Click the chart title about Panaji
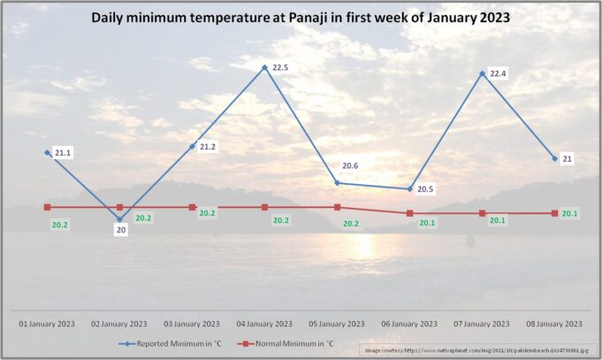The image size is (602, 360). (x=301, y=17)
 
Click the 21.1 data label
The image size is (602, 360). (x=63, y=153)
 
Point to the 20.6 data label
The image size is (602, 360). (x=352, y=166)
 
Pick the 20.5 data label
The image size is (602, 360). (x=427, y=189)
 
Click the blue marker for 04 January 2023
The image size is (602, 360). (x=264, y=67)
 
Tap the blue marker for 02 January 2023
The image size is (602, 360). (x=119, y=219)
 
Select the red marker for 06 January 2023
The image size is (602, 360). (x=409, y=213)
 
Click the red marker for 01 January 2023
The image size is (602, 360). (x=47, y=207)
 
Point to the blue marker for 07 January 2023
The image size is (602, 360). (x=482, y=73)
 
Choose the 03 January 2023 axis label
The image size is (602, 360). (x=192, y=324)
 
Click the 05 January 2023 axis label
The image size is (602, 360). (x=337, y=324)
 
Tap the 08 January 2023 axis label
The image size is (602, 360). (x=554, y=324)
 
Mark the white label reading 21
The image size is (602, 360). (x=568, y=159)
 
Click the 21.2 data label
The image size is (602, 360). (x=208, y=147)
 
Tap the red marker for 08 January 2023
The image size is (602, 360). (x=554, y=213)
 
